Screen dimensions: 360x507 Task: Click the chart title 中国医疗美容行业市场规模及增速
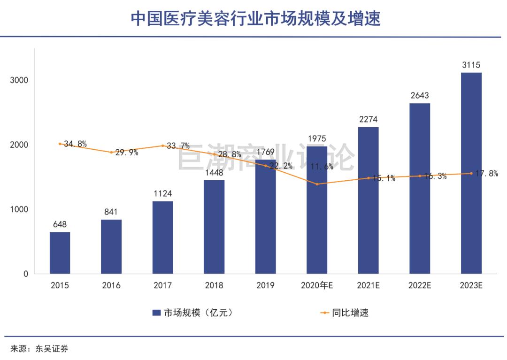coord(255,19)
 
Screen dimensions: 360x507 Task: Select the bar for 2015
coord(60,253)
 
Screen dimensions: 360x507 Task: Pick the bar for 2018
coord(214,227)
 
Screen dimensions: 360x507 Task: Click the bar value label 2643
coord(420,96)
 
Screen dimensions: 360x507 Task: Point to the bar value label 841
coord(111,212)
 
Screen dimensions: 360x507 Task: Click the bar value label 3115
coord(471,65)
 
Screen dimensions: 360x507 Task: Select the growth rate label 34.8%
coord(76,144)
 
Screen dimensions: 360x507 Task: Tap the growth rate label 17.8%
coord(487,174)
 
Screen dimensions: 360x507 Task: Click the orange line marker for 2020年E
coord(317,184)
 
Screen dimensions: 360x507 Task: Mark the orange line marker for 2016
coord(111,152)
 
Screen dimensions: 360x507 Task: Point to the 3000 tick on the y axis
coord(19,80)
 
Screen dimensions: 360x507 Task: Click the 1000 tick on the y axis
coord(19,209)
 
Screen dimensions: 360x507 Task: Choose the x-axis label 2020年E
coord(317,285)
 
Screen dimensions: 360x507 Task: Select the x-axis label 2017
coord(163,285)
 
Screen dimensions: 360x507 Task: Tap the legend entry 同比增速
coord(350,313)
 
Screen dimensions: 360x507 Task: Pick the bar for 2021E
coord(368,200)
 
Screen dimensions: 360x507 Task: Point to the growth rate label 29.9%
coord(127,153)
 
